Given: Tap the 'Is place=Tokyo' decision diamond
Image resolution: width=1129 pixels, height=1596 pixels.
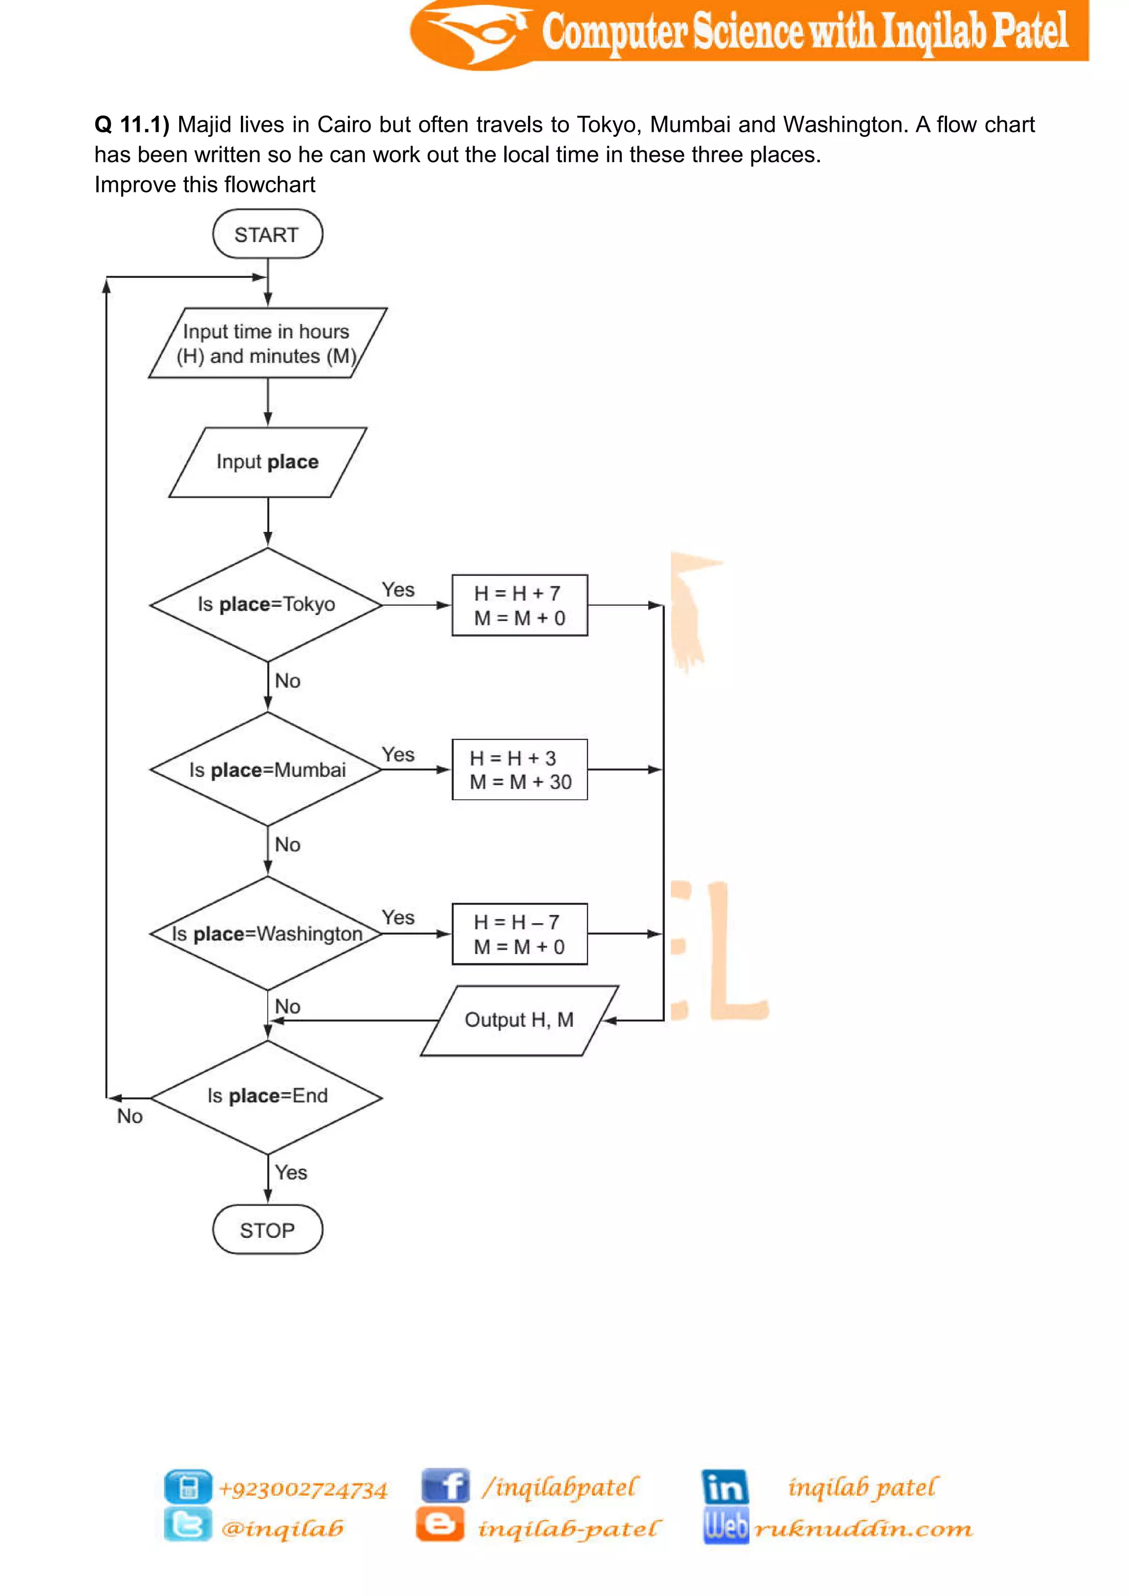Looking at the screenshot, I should pos(266,605).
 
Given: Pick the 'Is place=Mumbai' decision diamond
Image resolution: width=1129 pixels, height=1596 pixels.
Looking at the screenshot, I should pos(266,769).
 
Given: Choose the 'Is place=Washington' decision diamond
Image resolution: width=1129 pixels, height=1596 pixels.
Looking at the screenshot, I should pos(266,934).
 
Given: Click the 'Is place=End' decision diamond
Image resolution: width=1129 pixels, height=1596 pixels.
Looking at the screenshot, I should pos(266,1097).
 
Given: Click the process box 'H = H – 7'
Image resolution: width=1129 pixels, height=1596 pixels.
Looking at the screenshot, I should pos(519,934).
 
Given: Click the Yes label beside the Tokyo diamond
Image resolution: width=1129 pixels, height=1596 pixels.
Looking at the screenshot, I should pos(397,590).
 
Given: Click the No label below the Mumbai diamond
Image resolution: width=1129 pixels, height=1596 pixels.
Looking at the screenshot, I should pos(287,845).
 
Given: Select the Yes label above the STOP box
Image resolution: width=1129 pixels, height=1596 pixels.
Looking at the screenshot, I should pos(291,1173).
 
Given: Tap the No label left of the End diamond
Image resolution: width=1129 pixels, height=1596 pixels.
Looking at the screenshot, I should pos(130,1117).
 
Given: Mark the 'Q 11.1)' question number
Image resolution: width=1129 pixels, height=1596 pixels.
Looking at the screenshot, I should pos(131,125).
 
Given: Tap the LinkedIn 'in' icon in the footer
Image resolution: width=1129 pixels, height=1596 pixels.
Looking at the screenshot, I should pos(724,1487).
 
